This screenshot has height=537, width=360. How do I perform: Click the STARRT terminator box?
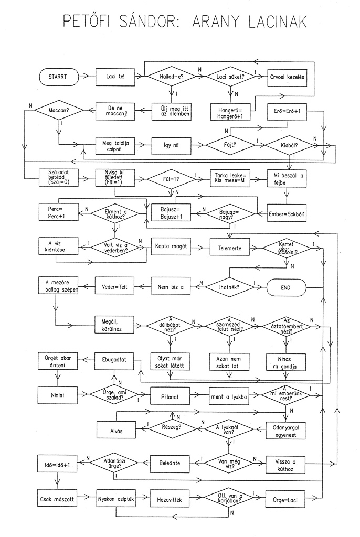[58, 77]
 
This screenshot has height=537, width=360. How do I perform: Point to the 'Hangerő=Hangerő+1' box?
[230, 113]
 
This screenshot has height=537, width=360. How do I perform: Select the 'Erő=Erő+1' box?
[286, 112]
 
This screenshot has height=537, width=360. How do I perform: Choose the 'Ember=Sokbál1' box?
[286, 213]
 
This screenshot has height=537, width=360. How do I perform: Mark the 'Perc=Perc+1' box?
[58, 212]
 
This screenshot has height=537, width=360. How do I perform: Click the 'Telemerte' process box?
[230, 248]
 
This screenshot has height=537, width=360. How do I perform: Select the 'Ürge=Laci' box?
[286, 500]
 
